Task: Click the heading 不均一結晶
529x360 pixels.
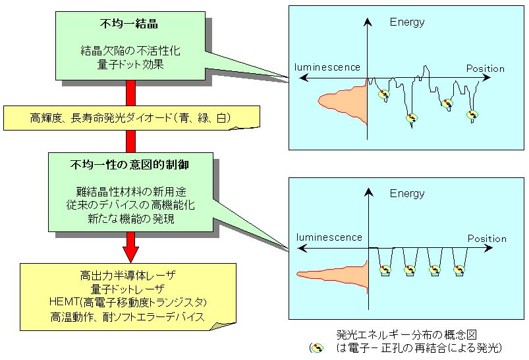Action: click(x=129, y=24)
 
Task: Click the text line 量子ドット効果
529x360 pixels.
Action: click(x=130, y=64)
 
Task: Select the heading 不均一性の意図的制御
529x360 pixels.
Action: click(x=130, y=165)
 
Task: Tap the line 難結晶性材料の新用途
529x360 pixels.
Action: click(x=131, y=192)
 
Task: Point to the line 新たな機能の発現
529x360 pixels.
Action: click(x=131, y=219)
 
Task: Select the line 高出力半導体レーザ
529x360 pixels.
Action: click(x=128, y=276)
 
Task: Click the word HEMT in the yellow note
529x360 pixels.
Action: click(x=60, y=301)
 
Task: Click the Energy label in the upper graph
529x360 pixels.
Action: click(x=407, y=22)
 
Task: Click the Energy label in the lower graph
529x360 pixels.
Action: click(x=407, y=193)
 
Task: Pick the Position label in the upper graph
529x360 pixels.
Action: click(x=485, y=69)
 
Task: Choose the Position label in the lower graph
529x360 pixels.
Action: click(x=487, y=239)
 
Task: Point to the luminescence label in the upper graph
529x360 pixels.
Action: click(x=327, y=67)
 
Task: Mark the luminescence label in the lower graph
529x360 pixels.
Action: click(x=329, y=237)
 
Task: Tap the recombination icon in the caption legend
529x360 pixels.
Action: click(x=317, y=348)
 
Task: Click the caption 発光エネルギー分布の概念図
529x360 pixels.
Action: click(x=406, y=335)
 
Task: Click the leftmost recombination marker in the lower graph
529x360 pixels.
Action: click(x=385, y=270)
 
